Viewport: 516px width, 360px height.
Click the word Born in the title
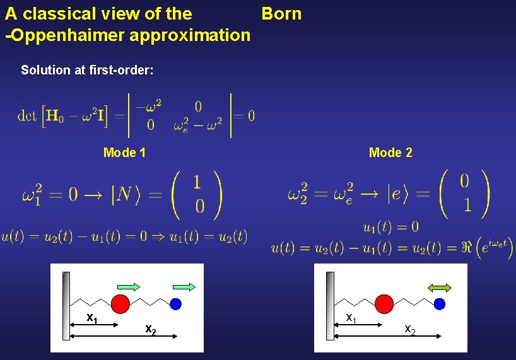(281, 13)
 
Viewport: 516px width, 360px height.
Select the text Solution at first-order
(87, 70)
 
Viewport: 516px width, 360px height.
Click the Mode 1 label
(124, 152)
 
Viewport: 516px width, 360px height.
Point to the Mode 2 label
(390, 152)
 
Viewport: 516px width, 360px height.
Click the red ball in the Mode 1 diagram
(120, 303)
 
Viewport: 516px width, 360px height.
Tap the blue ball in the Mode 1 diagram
(176, 304)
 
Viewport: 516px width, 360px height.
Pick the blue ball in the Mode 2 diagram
(440, 304)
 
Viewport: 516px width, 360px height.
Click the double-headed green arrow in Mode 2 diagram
(440, 287)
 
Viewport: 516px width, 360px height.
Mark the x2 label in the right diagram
(409, 328)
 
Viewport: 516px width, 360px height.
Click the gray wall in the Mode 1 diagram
(66, 306)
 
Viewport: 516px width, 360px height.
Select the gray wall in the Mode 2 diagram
(329, 306)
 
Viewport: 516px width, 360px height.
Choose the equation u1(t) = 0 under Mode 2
(391, 226)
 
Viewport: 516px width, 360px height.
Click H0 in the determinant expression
(56, 115)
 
